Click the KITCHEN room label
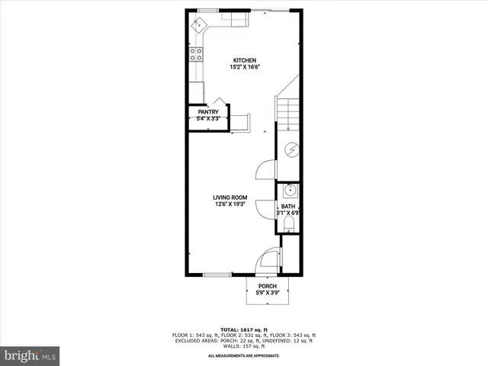pyautogui.click(x=244, y=61)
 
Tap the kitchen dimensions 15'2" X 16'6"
pyautogui.click(x=244, y=67)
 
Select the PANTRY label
pyautogui.click(x=208, y=112)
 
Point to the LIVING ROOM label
pyautogui.click(x=230, y=197)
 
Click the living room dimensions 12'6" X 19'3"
pyautogui.click(x=230, y=204)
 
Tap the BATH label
pyautogui.click(x=287, y=206)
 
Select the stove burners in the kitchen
pyautogui.click(x=196, y=54)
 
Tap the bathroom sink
pyautogui.click(x=289, y=191)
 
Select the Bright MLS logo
pyautogui.click(x=30, y=355)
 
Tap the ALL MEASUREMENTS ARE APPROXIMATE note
pyautogui.click(x=244, y=355)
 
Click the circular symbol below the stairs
pyautogui.click(x=291, y=149)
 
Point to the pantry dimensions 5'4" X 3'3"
pyautogui.click(x=208, y=119)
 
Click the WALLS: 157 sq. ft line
pyautogui.click(x=244, y=347)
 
